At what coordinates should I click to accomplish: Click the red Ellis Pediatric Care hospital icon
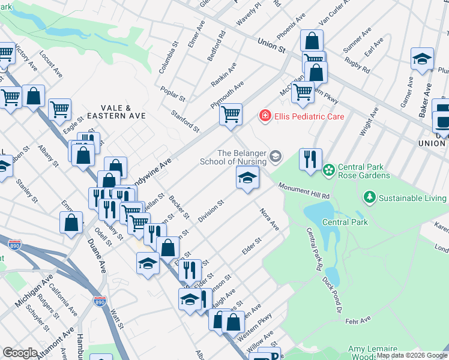pyautogui.click(x=263, y=115)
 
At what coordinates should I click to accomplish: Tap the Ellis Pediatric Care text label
pyautogui.click(x=309, y=116)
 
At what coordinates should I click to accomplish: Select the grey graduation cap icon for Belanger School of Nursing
pyautogui.click(x=276, y=157)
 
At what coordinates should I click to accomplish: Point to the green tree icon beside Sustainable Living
pyautogui.click(x=369, y=197)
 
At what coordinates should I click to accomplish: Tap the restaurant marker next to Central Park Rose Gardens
pyautogui.click(x=310, y=160)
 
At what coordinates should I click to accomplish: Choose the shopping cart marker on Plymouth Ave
pyautogui.click(x=231, y=113)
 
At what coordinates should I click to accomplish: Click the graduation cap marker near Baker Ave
pyautogui.click(x=423, y=59)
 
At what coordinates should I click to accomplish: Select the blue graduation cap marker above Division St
pyautogui.click(x=247, y=178)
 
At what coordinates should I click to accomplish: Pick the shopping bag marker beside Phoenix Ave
pyautogui.click(x=312, y=41)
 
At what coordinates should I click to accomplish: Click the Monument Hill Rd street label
pyautogui.click(x=304, y=191)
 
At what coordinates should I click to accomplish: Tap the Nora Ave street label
pyautogui.click(x=270, y=219)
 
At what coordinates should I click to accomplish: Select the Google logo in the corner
pyautogui.click(x=20, y=353)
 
